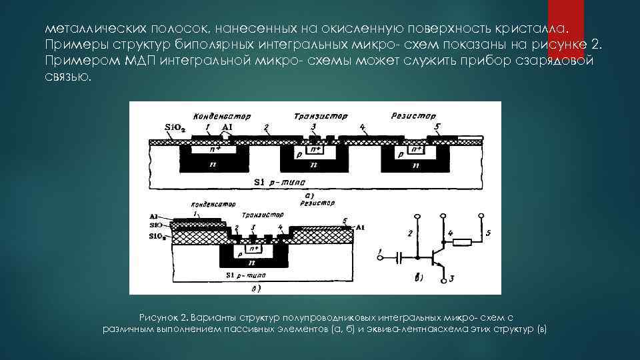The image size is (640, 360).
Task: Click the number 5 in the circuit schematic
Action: pyautogui.click(x=487, y=233)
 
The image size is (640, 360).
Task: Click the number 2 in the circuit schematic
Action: pyautogui.click(x=410, y=233)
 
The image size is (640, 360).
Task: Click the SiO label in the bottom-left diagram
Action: pyautogui.click(x=157, y=226)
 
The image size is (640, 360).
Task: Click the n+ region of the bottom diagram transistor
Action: pyautogui.click(x=253, y=249)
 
